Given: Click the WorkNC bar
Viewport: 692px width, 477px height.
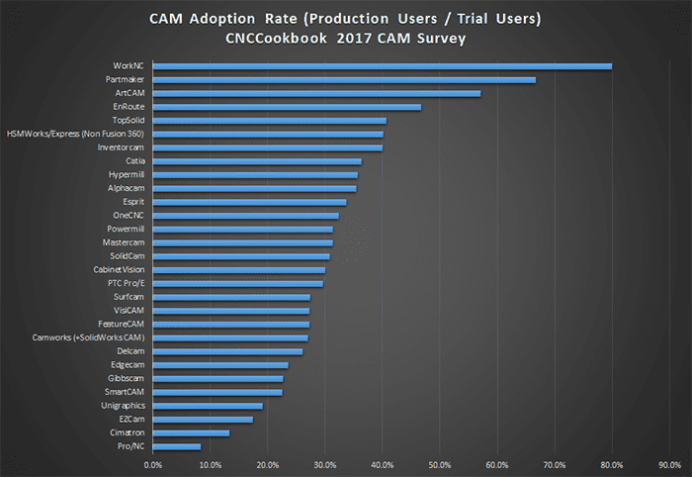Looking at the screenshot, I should point(382,66).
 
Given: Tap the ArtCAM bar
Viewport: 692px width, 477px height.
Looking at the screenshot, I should point(316,93).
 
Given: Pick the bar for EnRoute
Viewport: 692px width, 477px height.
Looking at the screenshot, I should point(287,107).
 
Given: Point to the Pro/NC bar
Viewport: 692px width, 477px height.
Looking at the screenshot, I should point(177,446).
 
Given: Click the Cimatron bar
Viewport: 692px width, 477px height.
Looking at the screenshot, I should point(191,432).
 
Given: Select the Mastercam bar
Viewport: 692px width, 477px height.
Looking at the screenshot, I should point(242,242).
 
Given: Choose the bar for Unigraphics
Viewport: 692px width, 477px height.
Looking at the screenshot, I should point(208,406).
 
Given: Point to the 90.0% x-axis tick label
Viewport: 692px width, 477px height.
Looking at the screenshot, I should point(668,463).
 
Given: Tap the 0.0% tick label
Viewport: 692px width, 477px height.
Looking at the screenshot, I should point(152,463).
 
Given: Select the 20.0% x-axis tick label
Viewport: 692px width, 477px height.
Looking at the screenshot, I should point(267,463).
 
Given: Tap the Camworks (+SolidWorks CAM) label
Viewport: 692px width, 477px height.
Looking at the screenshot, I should point(88,337).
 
